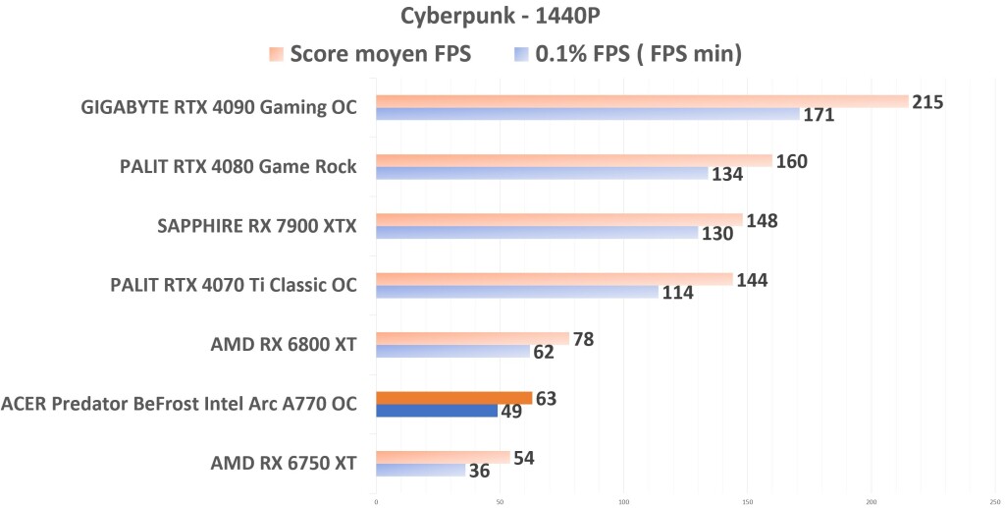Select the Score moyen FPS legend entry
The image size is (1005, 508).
tap(371, 54)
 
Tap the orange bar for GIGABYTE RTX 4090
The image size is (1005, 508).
tap(642, 101)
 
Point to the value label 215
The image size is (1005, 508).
tap(927, 102)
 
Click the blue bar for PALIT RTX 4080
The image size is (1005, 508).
tap(542, 173)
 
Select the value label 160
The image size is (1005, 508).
tap(791, 161)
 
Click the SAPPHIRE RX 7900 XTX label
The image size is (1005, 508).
tap(256, 226)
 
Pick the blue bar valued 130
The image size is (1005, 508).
tap(537, 233)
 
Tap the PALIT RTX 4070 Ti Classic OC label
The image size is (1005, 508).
tap(234, 285)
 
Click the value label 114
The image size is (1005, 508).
tap(677, 293)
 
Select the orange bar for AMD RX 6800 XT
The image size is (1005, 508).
tap(472, 338)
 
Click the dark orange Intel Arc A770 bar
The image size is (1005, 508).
tap(453, 398)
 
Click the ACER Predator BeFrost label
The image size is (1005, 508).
tap(179, 403)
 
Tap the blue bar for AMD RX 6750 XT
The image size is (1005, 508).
tap(420, 470)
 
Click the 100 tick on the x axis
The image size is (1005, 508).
tap(623, 501)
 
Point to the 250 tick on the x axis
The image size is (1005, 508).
tap(994, 501)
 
